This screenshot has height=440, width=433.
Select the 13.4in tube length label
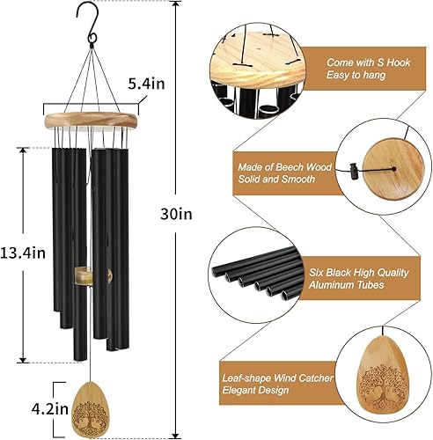24,253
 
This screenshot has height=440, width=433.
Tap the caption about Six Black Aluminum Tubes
359,279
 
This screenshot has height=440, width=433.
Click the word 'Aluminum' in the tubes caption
351,286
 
